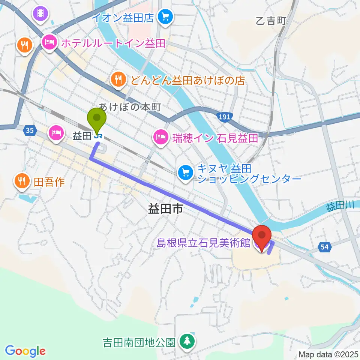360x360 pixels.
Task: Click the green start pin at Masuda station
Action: click(97, 119)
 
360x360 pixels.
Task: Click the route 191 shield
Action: click(224, 117)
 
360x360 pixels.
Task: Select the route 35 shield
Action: click(30, 131)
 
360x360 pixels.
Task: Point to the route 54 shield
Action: click(325, 246)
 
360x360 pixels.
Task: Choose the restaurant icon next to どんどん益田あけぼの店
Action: click(118, 79)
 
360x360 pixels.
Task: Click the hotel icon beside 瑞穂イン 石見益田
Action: click(160, 137)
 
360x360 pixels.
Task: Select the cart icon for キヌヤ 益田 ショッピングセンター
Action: click(186, 172)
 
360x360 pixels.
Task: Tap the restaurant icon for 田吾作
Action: click(21, 182)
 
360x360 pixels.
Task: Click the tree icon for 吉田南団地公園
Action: click(187, 341)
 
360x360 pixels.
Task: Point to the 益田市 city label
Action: click(165, 209)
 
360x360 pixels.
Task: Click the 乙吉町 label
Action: click(271, 21)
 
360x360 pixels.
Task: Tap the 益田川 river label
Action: click(340, 206)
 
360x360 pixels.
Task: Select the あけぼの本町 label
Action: click(130, 108)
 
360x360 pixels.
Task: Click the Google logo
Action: click(25, 351)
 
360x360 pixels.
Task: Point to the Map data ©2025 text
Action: click(328, 354)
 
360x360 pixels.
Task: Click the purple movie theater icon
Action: click(40, 14)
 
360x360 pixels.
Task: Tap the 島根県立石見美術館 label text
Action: click(204, 243)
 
